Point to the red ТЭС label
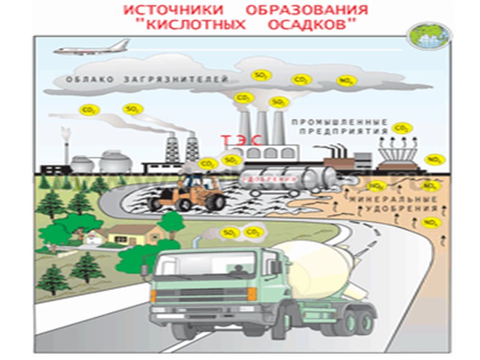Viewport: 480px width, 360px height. coord(242,140)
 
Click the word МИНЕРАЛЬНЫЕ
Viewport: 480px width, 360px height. coord(393,198)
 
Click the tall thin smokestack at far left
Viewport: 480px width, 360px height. coord(65,144)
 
